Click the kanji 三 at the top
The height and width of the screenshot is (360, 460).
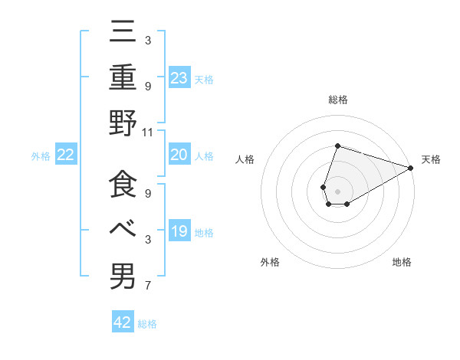click(123, 31)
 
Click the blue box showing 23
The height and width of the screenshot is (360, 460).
click(179, 77)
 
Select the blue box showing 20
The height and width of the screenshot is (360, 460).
click(179, 155)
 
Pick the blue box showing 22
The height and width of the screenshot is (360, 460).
click(65, 155)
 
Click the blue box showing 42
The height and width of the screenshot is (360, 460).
click(123, 322)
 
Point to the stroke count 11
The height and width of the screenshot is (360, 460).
click(149, 132)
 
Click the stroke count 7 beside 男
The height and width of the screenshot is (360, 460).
click(147, 286)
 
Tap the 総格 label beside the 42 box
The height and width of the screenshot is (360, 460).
click(147, 324)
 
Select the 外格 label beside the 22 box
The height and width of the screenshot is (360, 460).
click(41, 156)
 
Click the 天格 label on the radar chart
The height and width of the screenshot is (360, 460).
click(431, 159)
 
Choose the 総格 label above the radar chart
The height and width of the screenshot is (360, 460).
click(337, 100)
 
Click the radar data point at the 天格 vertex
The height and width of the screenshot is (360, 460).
click(410, 168)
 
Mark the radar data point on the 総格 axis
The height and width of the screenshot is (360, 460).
click(337, 146)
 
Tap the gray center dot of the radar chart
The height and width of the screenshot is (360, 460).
click(337, 190)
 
